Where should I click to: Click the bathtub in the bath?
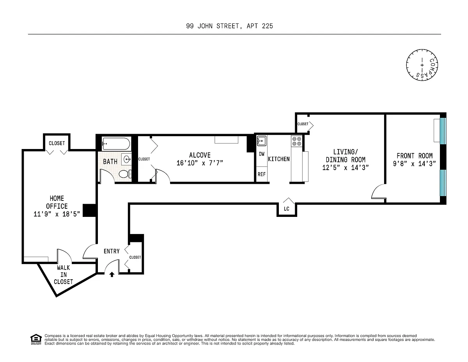pos(116,144)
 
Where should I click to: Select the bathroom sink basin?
pos(127,160)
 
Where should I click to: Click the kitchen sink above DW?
pos(262,141)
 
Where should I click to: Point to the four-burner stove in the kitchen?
pos(296,141)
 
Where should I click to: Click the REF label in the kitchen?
pos(262,174)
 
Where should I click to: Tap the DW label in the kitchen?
pos(262,154)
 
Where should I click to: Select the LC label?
pos(286,209)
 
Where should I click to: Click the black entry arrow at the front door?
pos(112,274)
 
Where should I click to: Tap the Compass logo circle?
pos(422,65)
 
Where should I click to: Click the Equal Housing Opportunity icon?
pos(36,340)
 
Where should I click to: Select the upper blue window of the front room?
pos(443,131)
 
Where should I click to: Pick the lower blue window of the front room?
pos(443,183)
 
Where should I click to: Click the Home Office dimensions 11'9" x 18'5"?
pos(57,214)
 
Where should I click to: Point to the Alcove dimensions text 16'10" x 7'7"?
pos(200,163)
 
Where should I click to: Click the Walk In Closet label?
pos(64,275)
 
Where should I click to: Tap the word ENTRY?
pos(112,251)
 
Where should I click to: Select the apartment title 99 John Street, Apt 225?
pos(230,26)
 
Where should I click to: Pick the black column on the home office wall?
pos(89,210)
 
